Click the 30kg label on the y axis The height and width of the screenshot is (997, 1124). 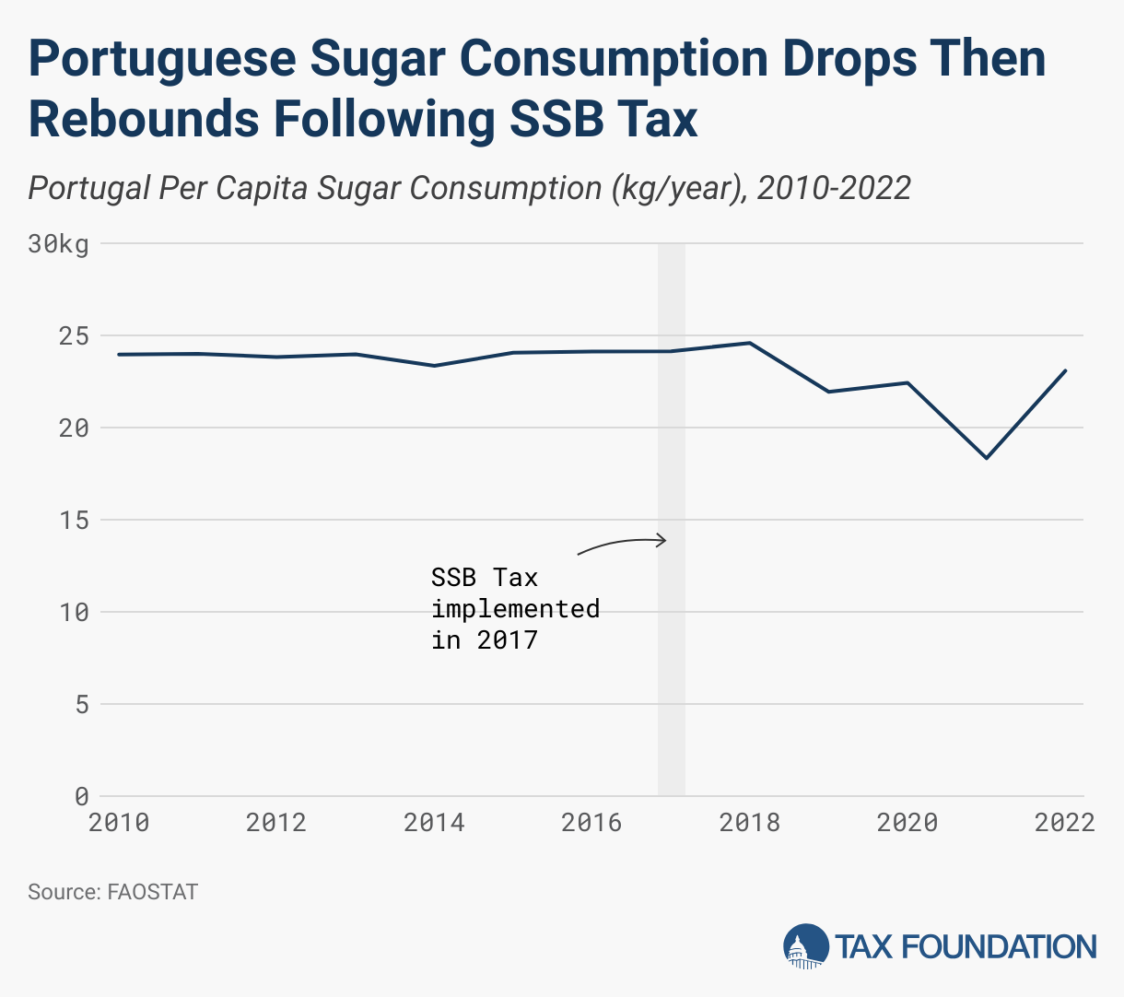tap(58, 244)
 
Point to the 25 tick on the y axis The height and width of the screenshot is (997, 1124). tap(74, 336)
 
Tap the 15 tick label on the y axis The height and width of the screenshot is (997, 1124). tap(74, 521)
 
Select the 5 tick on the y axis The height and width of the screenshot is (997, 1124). tap(81, 705)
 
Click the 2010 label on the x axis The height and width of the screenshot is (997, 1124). tap(119, 822)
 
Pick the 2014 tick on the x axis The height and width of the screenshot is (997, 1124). tap(434, 822)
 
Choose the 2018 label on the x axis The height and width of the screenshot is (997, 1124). tap(750, 822)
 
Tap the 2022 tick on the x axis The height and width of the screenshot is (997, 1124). tap(1065, 822)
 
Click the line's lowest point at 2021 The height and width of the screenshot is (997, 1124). tap(987, 458)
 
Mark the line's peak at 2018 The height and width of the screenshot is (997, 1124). tap(750, 343)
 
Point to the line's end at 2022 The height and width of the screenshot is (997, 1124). tap(1066, 370)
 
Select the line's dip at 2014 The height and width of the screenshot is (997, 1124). tap(434, 366)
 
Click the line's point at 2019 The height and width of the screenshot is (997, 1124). tap(829, 392)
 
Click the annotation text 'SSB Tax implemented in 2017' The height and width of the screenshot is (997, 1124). tap(515, 608)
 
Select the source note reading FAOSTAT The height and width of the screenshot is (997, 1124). tap(112, 892)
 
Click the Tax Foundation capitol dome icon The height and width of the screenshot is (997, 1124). tap(804, 947)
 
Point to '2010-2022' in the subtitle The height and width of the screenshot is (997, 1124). tap(834, 188)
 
